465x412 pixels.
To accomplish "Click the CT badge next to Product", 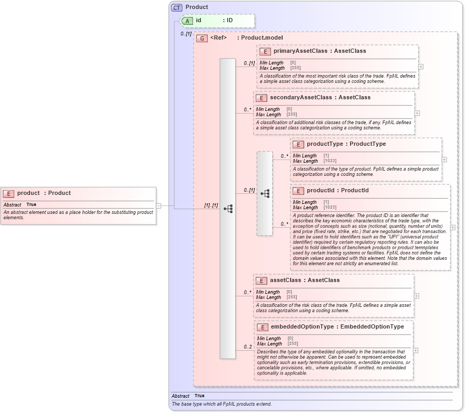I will (x=177, y=7).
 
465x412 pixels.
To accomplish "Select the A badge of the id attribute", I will (x=187, y=21).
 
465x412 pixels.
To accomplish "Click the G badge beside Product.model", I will (x=201, y=38).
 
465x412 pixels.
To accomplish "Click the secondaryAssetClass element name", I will (x=298, y=98).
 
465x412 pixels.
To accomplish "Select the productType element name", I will (x=325, y=144).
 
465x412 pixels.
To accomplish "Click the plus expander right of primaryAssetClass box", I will (x=421, y=67).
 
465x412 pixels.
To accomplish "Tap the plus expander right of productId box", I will (x=453, y=228).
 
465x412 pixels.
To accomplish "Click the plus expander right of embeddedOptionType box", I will (x=416, y=350).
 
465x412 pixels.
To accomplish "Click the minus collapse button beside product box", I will (x=158, y=205).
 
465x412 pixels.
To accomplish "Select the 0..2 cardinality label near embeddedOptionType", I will (x=247, y=347).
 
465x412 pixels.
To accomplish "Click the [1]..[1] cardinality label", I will (x=211, y=205).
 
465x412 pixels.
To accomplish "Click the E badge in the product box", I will (x=8, y=193).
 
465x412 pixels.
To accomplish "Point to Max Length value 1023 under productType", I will (x=330, y=161).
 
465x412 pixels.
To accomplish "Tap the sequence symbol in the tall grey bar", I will (x=228, y=209).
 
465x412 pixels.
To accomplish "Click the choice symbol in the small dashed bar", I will (x=265, y=193).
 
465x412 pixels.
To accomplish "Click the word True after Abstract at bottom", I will (x=199, y=396).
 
